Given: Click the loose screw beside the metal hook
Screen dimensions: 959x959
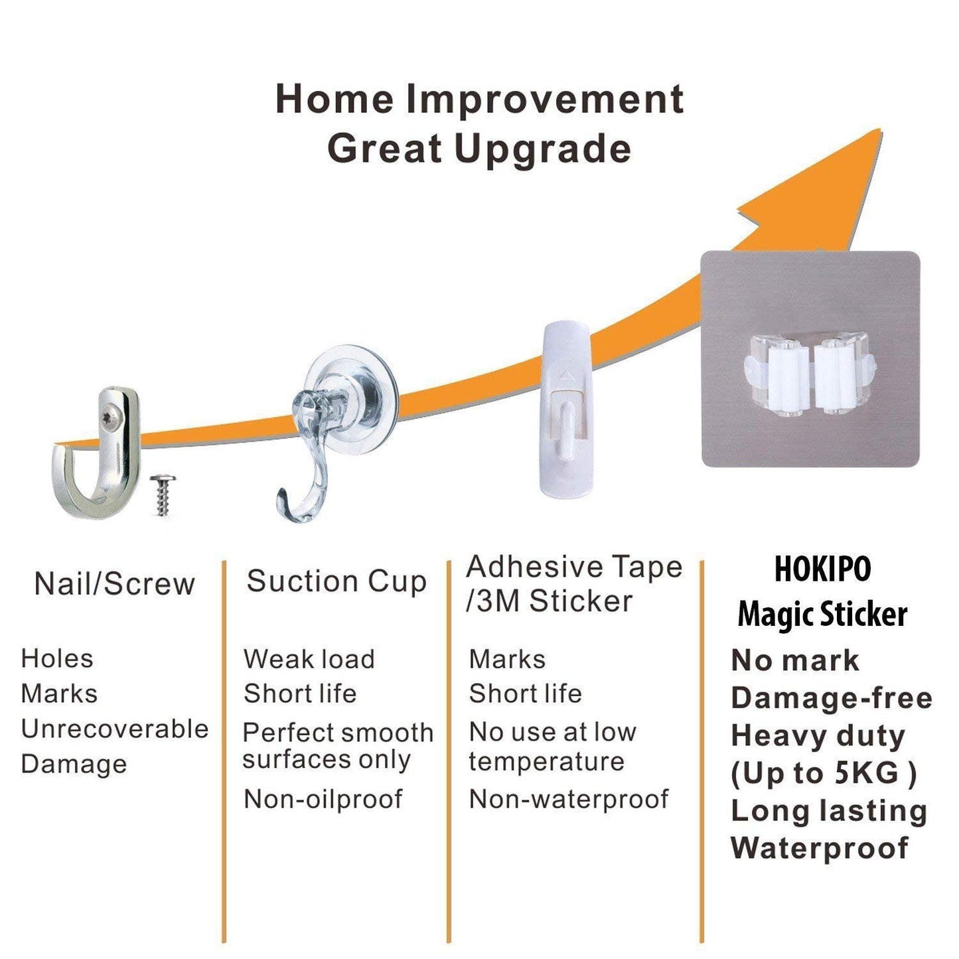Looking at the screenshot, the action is [x=162, y=495].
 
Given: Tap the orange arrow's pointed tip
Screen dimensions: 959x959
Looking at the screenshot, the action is [x=881, y=130].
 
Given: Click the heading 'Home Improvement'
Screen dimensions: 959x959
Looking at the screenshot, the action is [x=480, y=99].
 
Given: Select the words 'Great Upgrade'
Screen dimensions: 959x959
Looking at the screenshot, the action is [x=479, y=149].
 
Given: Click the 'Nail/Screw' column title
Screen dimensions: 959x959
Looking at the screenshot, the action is [x=114, y=584].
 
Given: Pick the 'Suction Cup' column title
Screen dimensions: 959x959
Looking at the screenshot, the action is [x=337, y=581].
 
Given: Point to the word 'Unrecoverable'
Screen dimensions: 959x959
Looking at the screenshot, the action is [x=115, y=729].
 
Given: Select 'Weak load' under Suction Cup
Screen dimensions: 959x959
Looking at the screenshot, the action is [x=309, y=659].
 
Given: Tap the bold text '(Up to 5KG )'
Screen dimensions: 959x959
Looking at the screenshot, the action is [x=824, y=773].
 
